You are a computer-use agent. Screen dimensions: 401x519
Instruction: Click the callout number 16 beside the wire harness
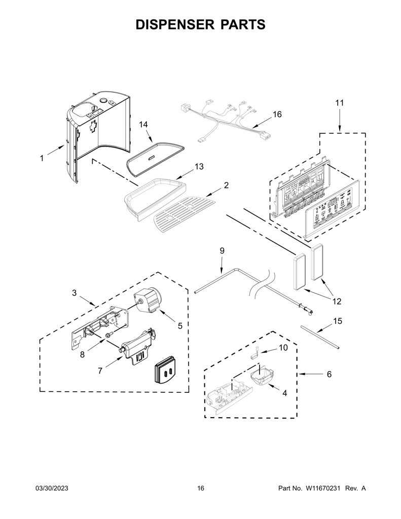[277, 114]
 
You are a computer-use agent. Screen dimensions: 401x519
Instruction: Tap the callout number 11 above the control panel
[340, 103]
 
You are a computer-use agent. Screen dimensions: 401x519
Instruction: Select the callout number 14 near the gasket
[143, 125]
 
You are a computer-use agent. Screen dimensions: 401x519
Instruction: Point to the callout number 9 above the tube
[222, 250]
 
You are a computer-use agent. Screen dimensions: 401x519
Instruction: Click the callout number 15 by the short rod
[338, 321]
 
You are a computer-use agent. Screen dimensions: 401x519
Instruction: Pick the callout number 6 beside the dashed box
[329, 374]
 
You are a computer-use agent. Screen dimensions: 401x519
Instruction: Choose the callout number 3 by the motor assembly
[74, 292]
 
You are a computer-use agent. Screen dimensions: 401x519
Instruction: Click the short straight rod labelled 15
[320, 337]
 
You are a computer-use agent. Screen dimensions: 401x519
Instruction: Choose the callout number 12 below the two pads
[337, 302]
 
